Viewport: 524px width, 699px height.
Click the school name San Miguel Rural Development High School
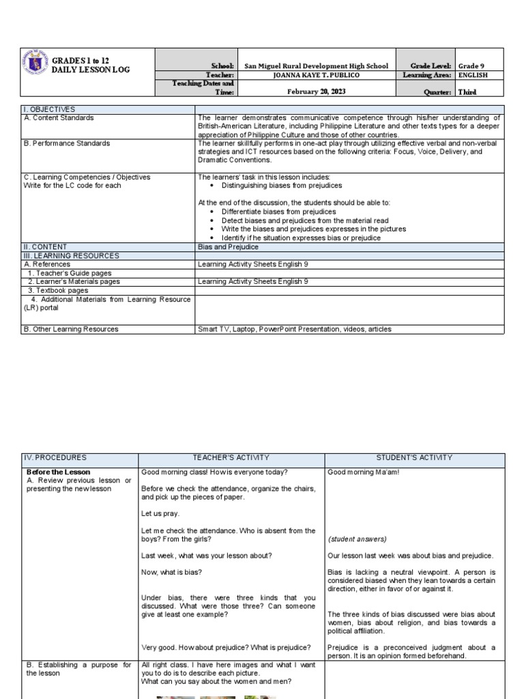click(316, 66)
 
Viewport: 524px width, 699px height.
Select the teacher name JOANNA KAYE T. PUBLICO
click(316, 75)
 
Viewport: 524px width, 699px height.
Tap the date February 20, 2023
click(316, 91)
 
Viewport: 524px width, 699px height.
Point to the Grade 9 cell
click(471, 66)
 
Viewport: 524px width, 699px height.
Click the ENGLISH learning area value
click(473, 75)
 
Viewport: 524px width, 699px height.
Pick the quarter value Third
click(467, 91)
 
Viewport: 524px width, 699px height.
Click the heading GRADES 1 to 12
click(81, 61)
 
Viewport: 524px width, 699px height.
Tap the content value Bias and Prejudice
click(228, 247)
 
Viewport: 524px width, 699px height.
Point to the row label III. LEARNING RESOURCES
click(71, 255)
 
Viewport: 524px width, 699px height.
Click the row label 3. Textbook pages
click(58, 290)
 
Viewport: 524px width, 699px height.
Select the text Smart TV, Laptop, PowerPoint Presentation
click(281, 329)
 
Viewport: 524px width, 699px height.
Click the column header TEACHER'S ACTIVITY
click(231, 457)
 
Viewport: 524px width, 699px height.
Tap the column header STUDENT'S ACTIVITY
click(414, 457)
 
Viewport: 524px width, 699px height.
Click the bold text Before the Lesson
click(58, 472)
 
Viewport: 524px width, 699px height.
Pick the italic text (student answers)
click(357, 539)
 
